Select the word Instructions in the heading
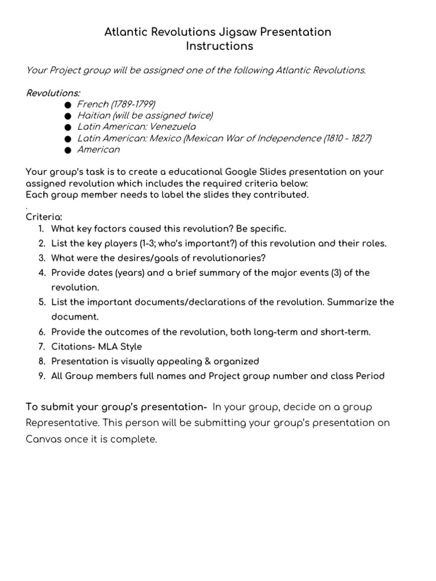220,47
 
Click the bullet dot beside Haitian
68,116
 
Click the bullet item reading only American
98,149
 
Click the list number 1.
41,229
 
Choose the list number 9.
41,376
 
